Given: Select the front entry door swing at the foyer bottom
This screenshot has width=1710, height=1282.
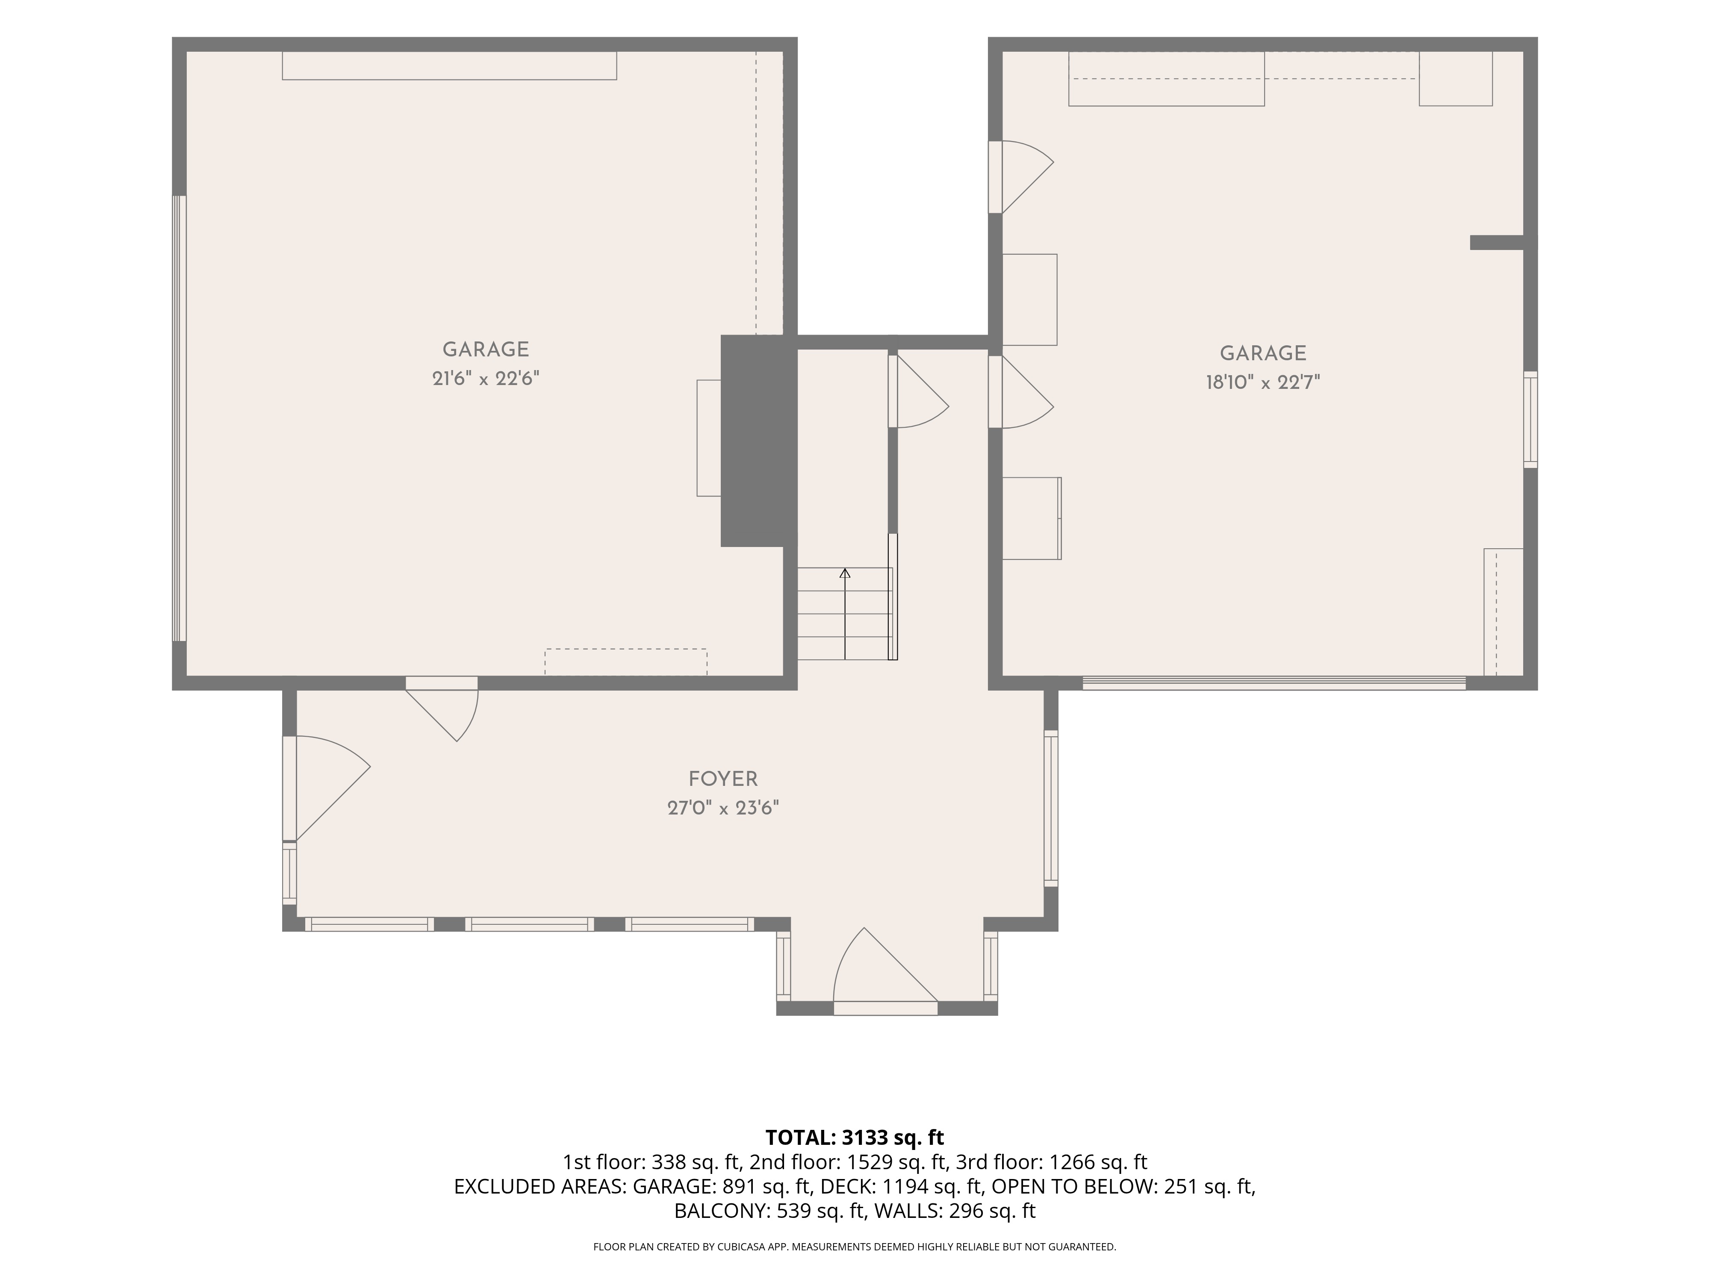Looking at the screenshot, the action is [885, 970].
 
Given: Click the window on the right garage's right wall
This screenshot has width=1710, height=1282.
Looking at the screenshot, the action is [1530, 420].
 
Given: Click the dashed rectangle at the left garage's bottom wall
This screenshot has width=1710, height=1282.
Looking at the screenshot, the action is [625, 662].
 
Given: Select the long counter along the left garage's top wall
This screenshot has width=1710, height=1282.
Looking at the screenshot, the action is [449, 66].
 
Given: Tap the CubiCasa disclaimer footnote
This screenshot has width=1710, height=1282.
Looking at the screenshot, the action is [854, 1247].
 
